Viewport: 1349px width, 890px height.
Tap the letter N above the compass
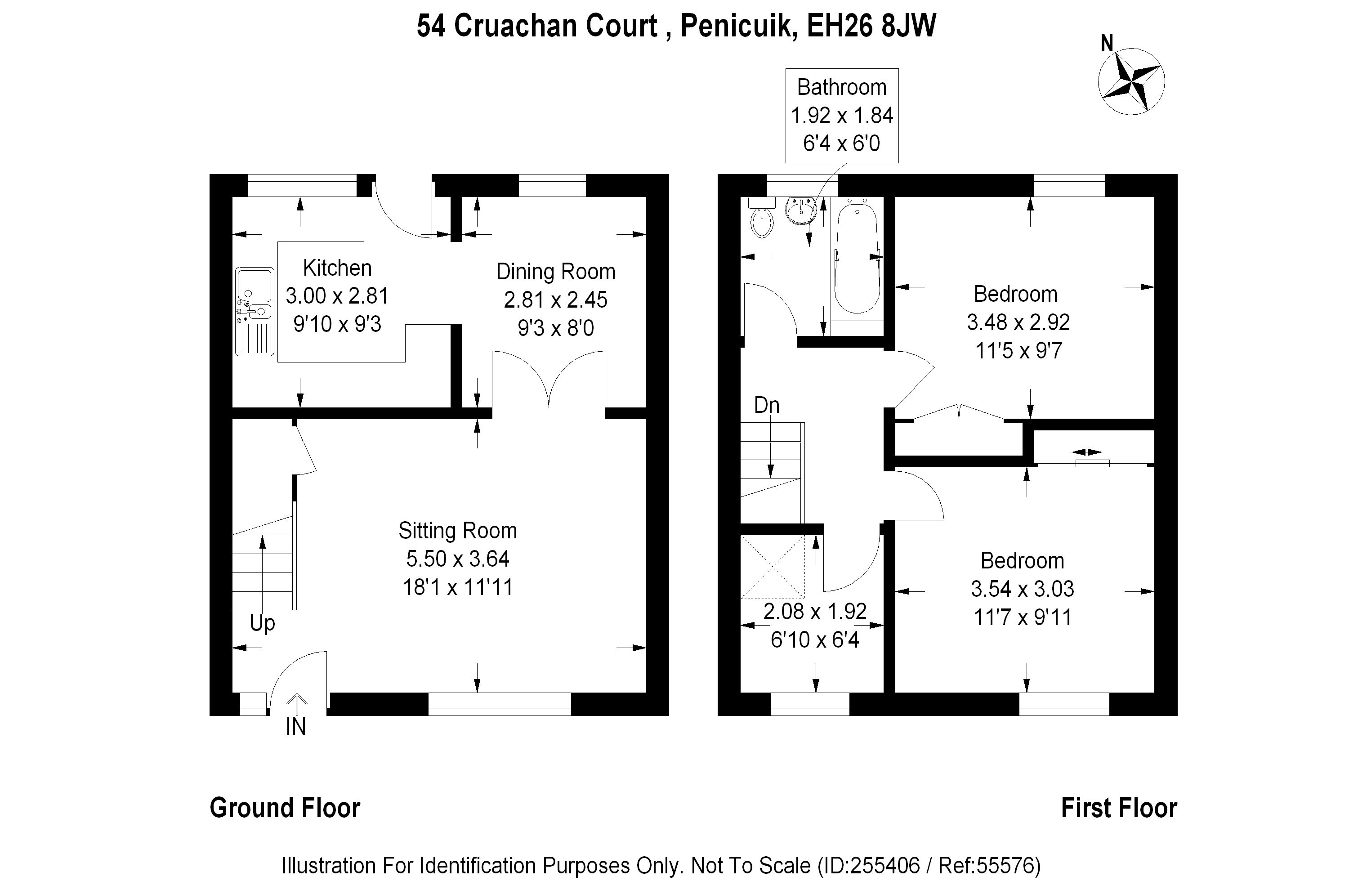coord(1107,43)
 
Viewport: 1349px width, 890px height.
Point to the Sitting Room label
coord(457,531)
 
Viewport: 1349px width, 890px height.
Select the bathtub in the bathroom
coord(857,258)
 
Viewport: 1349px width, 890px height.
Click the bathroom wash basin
coord(800,213)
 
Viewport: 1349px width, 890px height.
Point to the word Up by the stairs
coord(262,623)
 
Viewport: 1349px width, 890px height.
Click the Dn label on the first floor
coord(767,405)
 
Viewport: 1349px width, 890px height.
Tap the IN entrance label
coord(296,727)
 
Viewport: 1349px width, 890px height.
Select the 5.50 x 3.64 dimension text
coord(457,559)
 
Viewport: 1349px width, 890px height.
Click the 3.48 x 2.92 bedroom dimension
coord(1018,322)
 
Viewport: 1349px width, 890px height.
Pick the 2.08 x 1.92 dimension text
coord(814,611)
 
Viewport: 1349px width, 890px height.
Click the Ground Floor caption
coord(285,808)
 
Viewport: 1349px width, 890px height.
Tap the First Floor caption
coord(1119,808)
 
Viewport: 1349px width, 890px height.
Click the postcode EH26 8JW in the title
coord(871,26)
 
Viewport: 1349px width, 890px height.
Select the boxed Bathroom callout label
coord(842,115)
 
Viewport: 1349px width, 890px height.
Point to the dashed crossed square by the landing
coord(773,567)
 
